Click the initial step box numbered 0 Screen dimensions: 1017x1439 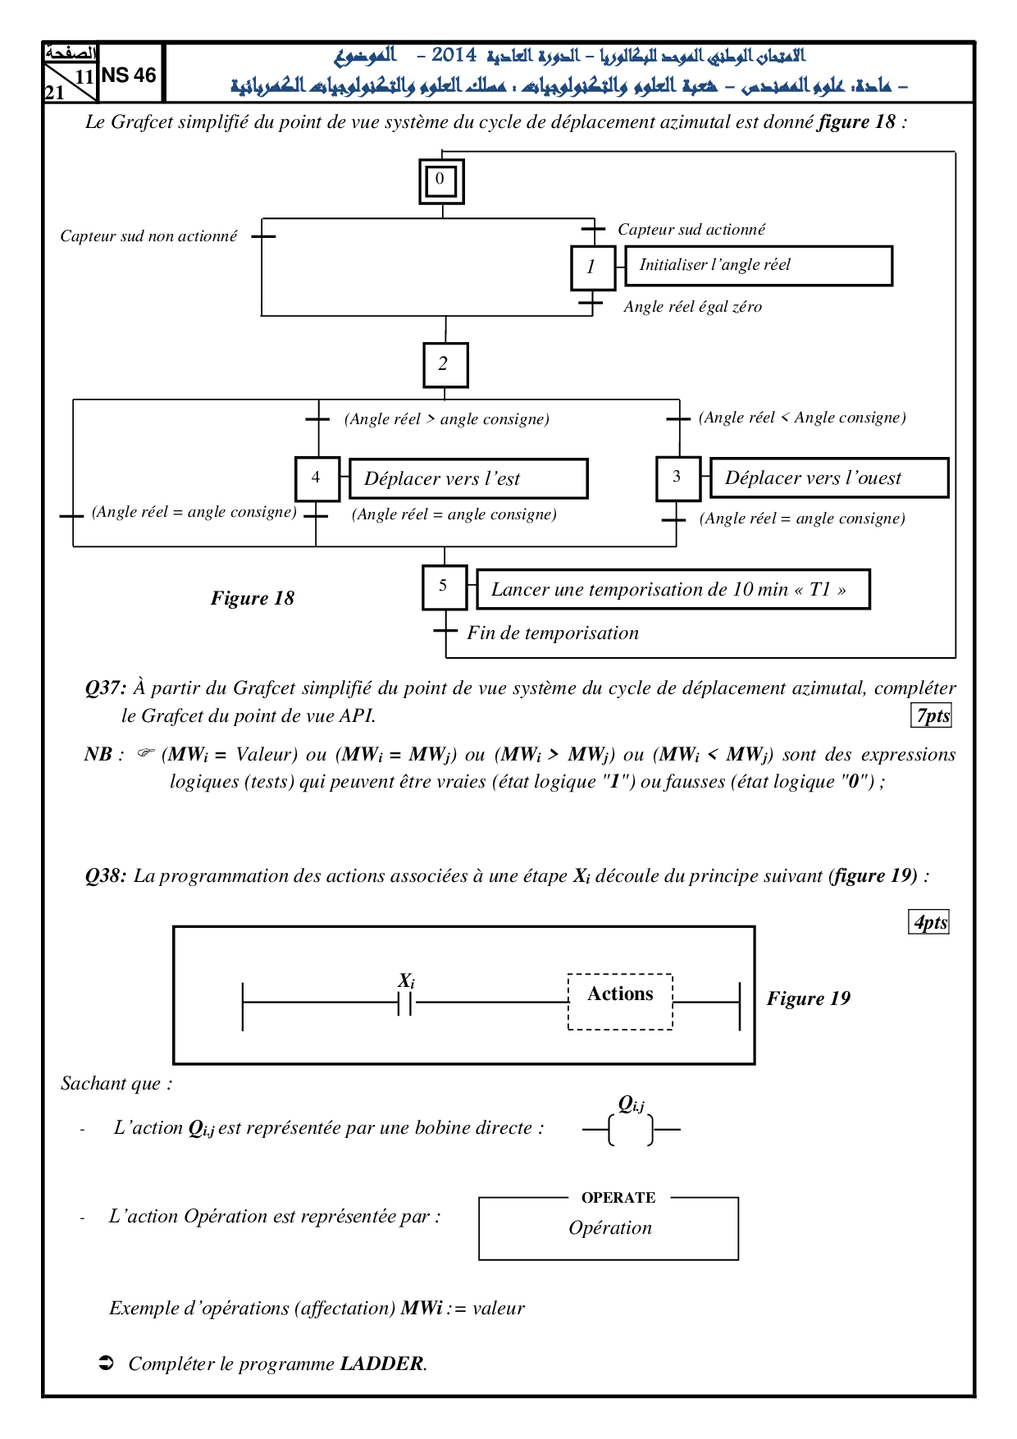(x=442, y=181)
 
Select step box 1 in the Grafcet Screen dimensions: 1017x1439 (x=593, y=267)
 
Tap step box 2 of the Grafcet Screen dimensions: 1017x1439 (x=445, y=365)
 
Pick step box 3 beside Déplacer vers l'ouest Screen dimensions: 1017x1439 (x=678, y=478)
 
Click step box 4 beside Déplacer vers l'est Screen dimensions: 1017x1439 (x=317, y=479)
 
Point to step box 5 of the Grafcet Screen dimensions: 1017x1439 (x=445, y=587)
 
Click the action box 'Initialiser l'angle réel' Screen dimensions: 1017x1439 (x=759, y=266)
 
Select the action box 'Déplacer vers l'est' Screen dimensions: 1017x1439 (x=468, y=478)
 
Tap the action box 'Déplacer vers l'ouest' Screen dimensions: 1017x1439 (x=829, y=477)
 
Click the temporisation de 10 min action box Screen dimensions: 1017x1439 (x=673, y=589)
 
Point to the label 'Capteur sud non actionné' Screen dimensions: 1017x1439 (x=148, y=236)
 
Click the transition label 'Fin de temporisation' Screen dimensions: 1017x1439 (x=553, y=633)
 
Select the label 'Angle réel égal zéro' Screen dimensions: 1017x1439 (x=692, y=307)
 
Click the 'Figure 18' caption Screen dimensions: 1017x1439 (x=253, y=598)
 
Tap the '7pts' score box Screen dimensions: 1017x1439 (x=932, y=715)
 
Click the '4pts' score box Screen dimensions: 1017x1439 (x=929, y=922)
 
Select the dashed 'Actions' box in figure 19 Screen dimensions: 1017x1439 (x=620, y=1002)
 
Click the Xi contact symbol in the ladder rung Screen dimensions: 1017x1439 (x=405, y=1002)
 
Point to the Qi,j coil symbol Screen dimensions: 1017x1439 (x=632, y=1130)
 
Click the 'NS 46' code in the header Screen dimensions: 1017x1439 (x=129, y=75)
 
